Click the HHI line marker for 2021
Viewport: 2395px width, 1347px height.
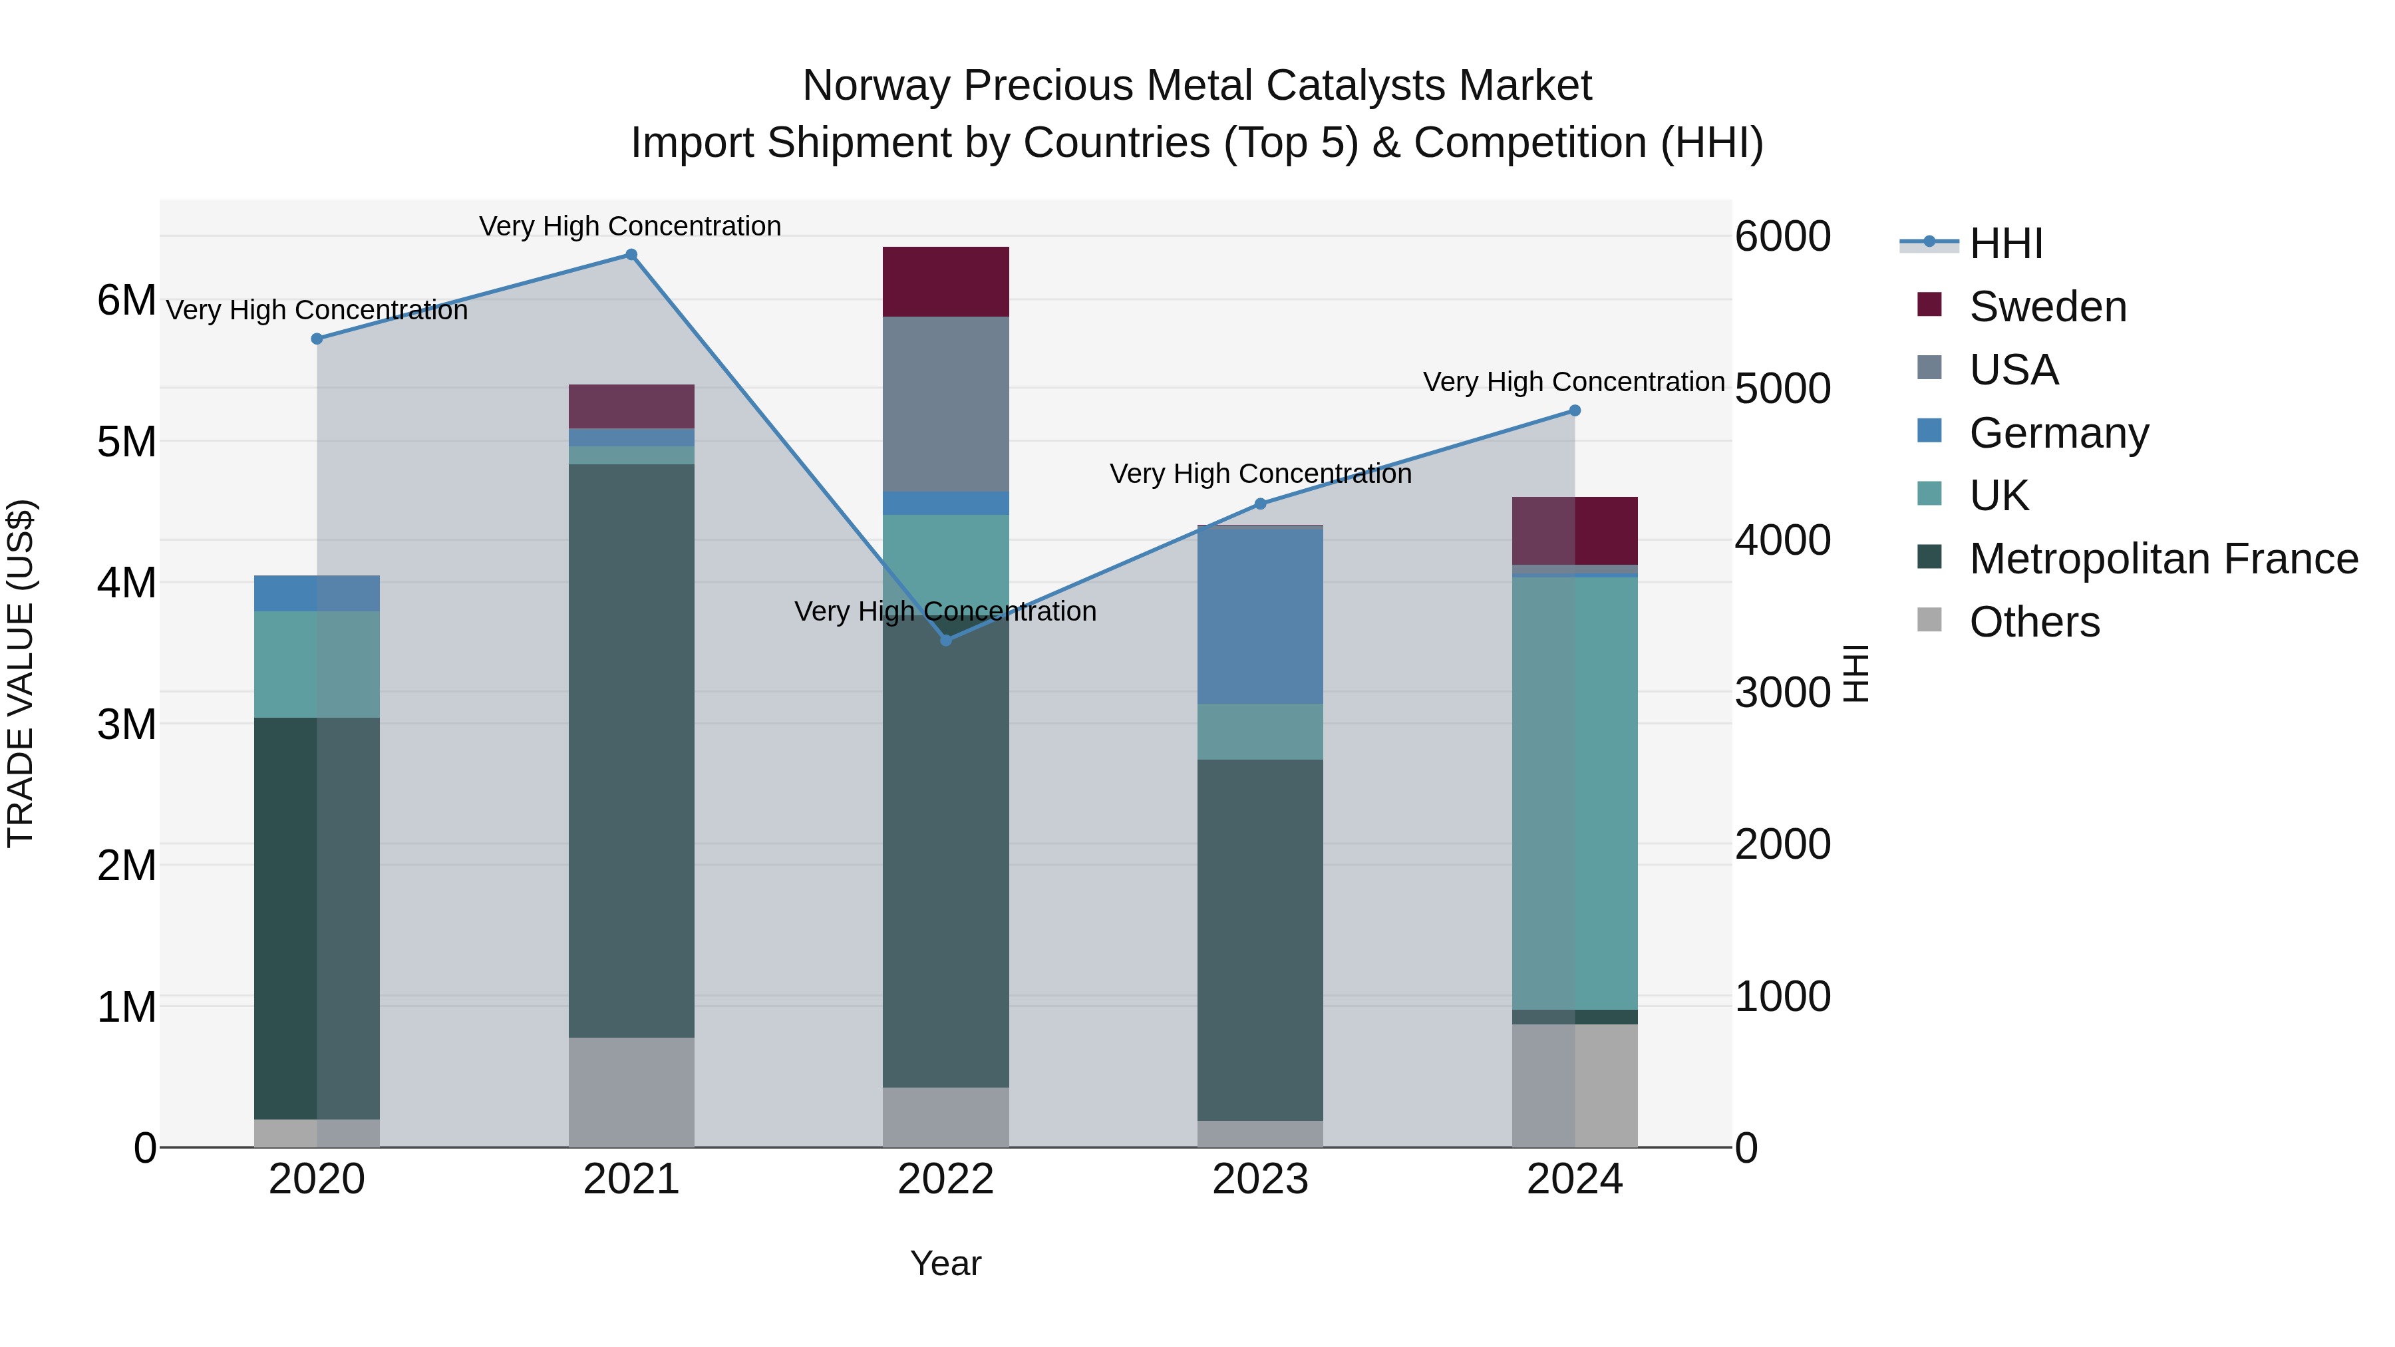click(631, 255)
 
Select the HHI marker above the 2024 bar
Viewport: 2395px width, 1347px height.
click(1574, 410)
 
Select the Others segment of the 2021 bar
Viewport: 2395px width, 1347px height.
click(631, 1092)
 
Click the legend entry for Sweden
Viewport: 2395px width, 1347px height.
click(2047, 307)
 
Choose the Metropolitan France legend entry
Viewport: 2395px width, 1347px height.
click(2163, 559)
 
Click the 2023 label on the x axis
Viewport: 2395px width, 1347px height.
click(1260, 1179)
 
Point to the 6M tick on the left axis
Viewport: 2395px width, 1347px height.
click(126, 300)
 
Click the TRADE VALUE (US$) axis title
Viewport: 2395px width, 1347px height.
click(21, 673)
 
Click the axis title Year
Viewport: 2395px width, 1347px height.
click(945, 1263)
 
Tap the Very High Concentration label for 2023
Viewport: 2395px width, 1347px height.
click(1260, 474)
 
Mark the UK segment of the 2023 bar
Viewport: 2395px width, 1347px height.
click(1260, 732)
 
